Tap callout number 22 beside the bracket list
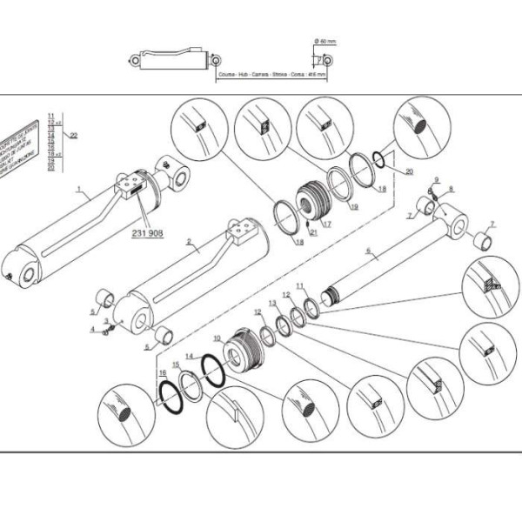pos(74,135)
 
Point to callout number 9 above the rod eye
pos(437,180)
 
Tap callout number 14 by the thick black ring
pos(189,357)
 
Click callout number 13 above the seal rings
pos(272,304)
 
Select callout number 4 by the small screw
pos(91,329)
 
